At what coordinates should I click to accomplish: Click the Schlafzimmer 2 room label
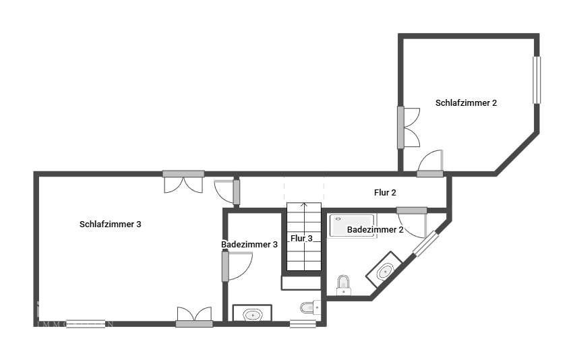(x=466, y=103)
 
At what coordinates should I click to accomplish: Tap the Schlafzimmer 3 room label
(x=110, y=224)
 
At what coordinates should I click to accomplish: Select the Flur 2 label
(x=385, y=192)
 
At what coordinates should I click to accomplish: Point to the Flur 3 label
(x=301, y=239)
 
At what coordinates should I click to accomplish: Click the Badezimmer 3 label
(x=249, y=245)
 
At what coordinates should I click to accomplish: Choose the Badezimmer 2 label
(x=375, y=230)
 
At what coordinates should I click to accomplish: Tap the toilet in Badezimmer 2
(x=344, y=284)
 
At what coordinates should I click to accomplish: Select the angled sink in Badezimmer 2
(x=385, y=271)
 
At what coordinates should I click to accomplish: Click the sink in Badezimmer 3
(x=252, y=314)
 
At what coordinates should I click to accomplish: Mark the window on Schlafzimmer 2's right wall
(x=537, y=80)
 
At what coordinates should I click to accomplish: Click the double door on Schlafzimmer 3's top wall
(x=183, y=181)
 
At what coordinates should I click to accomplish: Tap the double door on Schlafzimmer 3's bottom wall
(x=194, y=317)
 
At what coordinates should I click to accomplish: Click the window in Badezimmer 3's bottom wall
(x=303, y=324)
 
